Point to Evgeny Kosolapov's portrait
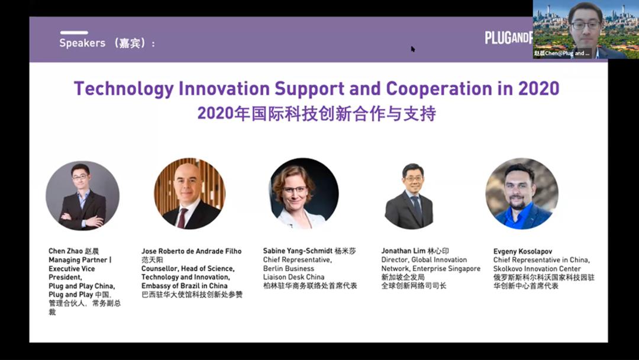click(522, 194)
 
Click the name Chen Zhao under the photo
click(64, 251)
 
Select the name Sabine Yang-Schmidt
click(298, 251)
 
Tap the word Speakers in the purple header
click(82, 43)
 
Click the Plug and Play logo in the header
click(508, 38)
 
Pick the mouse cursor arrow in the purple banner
click(413, 49)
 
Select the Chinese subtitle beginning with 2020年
click(317, 113)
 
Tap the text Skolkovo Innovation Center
click(537, 269)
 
